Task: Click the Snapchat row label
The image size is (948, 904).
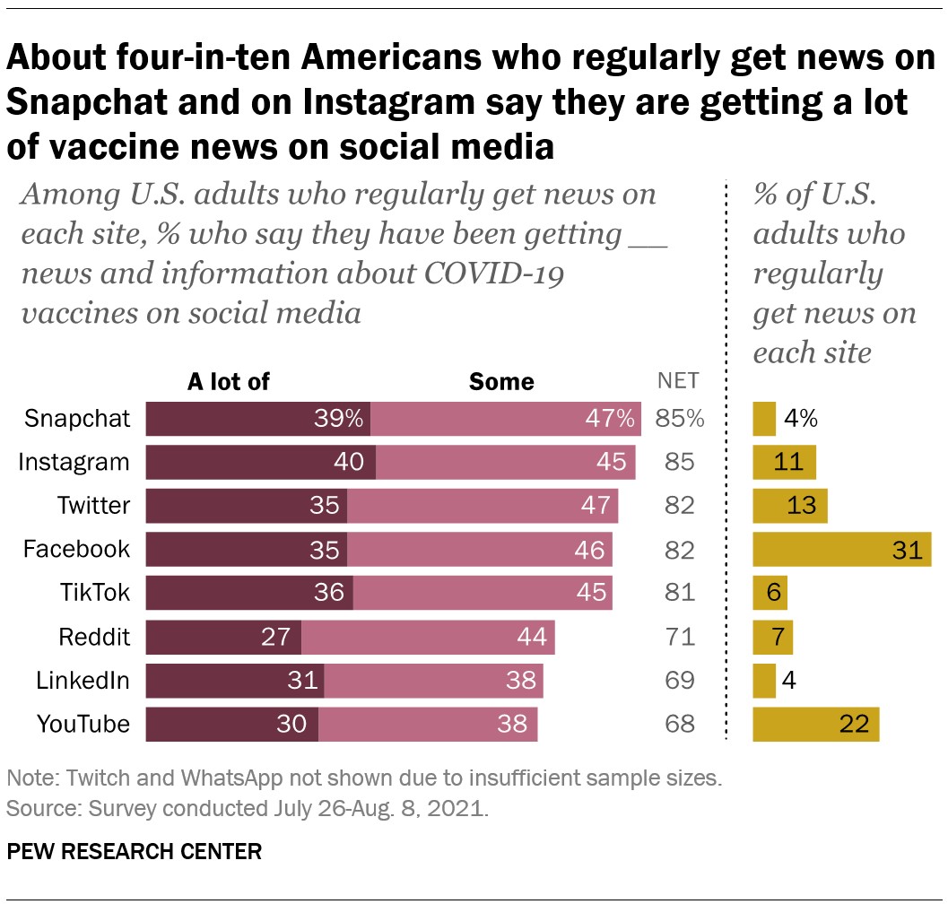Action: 77,419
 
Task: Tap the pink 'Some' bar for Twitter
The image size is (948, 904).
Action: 482,506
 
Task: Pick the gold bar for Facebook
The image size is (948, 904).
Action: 841,549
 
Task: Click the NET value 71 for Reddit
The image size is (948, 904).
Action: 680,637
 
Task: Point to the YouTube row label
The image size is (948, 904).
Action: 83,724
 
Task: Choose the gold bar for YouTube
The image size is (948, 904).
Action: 815,724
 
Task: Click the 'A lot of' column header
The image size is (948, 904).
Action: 228,382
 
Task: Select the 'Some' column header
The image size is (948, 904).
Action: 501,382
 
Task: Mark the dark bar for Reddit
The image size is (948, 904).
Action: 222,637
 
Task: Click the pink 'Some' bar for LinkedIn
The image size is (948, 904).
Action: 433,681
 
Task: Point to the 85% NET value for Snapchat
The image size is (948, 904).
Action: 680,419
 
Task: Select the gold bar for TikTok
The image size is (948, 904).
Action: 770,593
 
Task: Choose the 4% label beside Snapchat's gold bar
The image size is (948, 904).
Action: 800,419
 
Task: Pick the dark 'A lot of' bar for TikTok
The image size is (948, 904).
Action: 248,593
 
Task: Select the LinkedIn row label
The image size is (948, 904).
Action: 83,681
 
